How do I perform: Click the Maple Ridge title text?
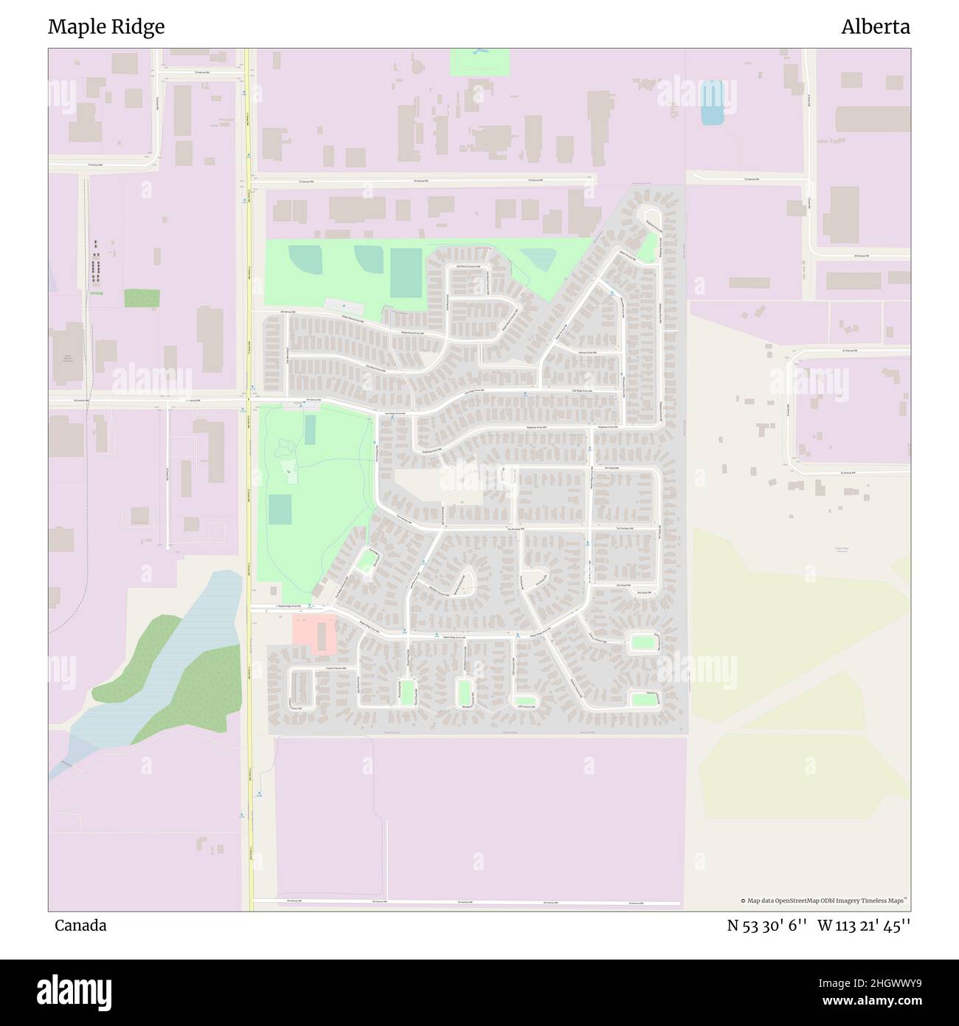(106, 27)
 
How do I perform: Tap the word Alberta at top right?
(875, 27)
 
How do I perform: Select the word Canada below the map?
(80, 926)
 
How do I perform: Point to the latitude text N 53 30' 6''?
(766, 926)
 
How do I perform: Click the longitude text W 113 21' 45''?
(864, 926)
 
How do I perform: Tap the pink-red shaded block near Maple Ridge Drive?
(315, 633)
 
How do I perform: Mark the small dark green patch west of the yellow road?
(141, 298)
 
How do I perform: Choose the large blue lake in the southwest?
(177, 650)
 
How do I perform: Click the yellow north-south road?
(249, 472)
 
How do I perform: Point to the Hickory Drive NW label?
(587, 353)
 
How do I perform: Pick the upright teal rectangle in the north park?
(405, 272)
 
